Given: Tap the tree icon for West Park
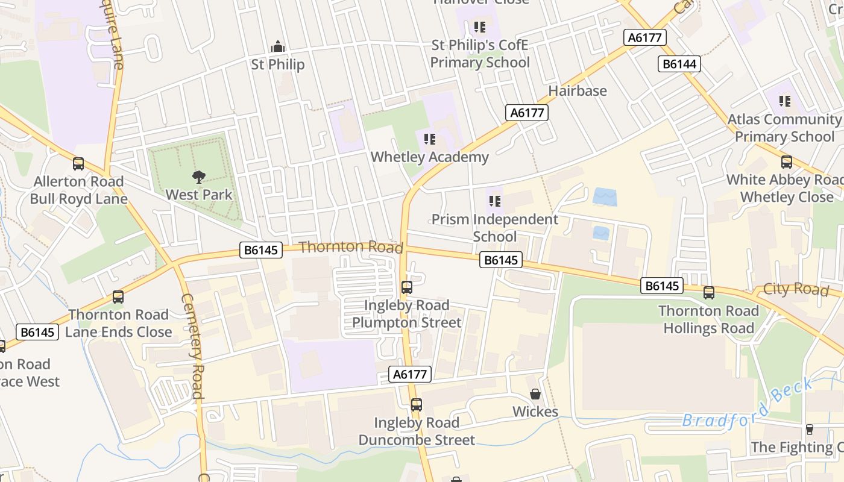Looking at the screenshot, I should coord(198,177).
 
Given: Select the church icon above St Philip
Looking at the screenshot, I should coord(277,46).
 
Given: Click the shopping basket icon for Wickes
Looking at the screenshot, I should coord(535,394).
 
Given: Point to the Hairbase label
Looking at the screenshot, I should coord(577,91).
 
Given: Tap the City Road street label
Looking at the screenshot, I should coord(795,289).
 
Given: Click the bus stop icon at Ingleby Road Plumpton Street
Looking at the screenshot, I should coord(407,287).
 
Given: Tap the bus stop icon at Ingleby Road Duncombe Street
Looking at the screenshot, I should coord(416,405).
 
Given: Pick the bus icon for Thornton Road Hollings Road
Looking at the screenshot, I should coord(709,293).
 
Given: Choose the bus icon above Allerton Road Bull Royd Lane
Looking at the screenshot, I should coord(78,164).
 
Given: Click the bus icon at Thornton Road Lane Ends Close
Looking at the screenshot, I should coord(118,297).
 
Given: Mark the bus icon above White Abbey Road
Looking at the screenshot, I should coord(787,162).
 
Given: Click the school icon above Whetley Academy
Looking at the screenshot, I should coord(429,140).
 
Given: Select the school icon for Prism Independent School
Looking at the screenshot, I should coord(494,201).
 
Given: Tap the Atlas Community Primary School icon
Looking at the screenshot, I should coord(784,101).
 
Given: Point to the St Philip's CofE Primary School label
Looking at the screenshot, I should coord(480,54).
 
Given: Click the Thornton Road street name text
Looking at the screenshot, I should coord(351,247).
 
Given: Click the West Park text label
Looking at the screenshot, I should coord(198,195).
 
